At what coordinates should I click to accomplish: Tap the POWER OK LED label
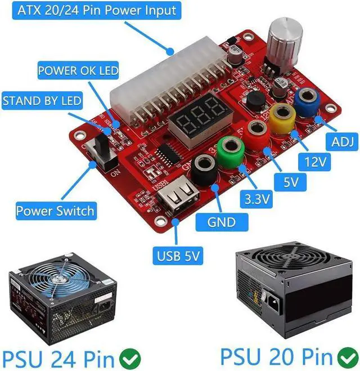(x=78, y=71)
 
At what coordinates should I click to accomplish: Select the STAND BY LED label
(x=42, y=102)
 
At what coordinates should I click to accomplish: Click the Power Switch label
(x=55, y=211)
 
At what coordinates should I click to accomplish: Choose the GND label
(x=221, y=222)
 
